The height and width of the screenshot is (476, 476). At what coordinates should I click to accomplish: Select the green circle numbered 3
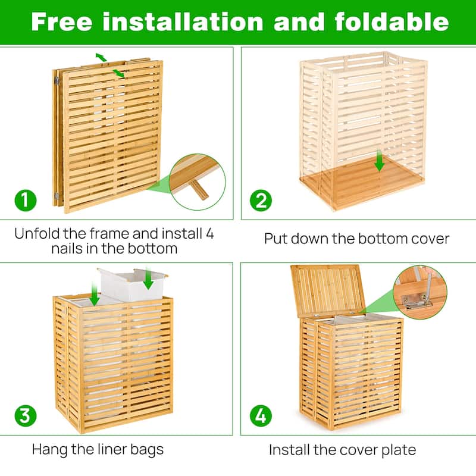point(24,415)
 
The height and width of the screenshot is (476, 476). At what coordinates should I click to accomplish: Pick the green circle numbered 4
point(260,415)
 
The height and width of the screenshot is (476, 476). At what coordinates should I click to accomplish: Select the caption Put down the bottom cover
point(356,239)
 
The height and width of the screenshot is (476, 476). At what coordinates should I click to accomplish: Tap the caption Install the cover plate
point(342,449)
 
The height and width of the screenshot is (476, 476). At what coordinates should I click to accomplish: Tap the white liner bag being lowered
point(132,286)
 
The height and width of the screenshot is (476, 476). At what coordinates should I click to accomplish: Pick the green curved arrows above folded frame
point(110,64)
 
